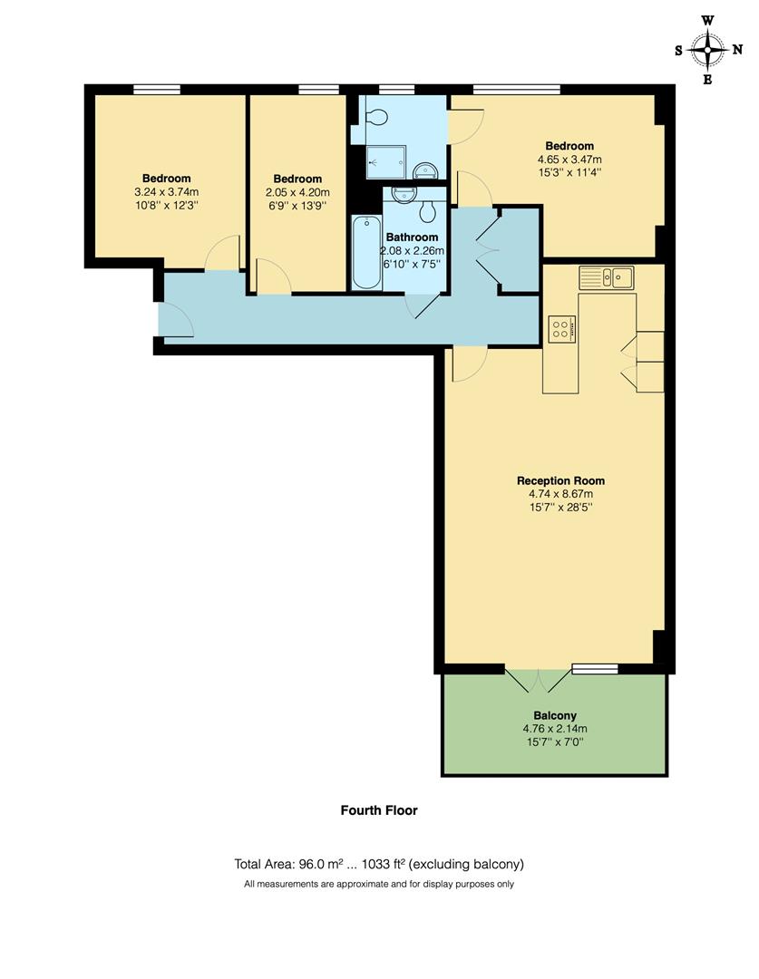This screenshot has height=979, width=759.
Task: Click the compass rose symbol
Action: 707,50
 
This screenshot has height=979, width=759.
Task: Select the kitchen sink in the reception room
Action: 608,276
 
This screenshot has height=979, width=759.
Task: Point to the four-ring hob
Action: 560,329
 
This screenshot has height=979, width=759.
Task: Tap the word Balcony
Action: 555,715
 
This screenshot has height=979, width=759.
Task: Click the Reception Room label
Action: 560,480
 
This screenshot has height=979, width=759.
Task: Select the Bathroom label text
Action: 413,237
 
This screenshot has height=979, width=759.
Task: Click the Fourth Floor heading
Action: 379,810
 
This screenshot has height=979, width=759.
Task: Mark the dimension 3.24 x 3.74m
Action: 166,192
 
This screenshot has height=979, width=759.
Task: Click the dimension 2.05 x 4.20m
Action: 297,192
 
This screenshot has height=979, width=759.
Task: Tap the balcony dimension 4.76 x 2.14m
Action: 555,728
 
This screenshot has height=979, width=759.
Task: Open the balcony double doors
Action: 539,682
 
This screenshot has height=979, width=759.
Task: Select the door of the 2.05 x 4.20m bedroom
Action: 273,278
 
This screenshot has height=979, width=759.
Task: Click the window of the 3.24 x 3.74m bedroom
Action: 156,89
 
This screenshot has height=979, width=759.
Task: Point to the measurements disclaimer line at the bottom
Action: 379,884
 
